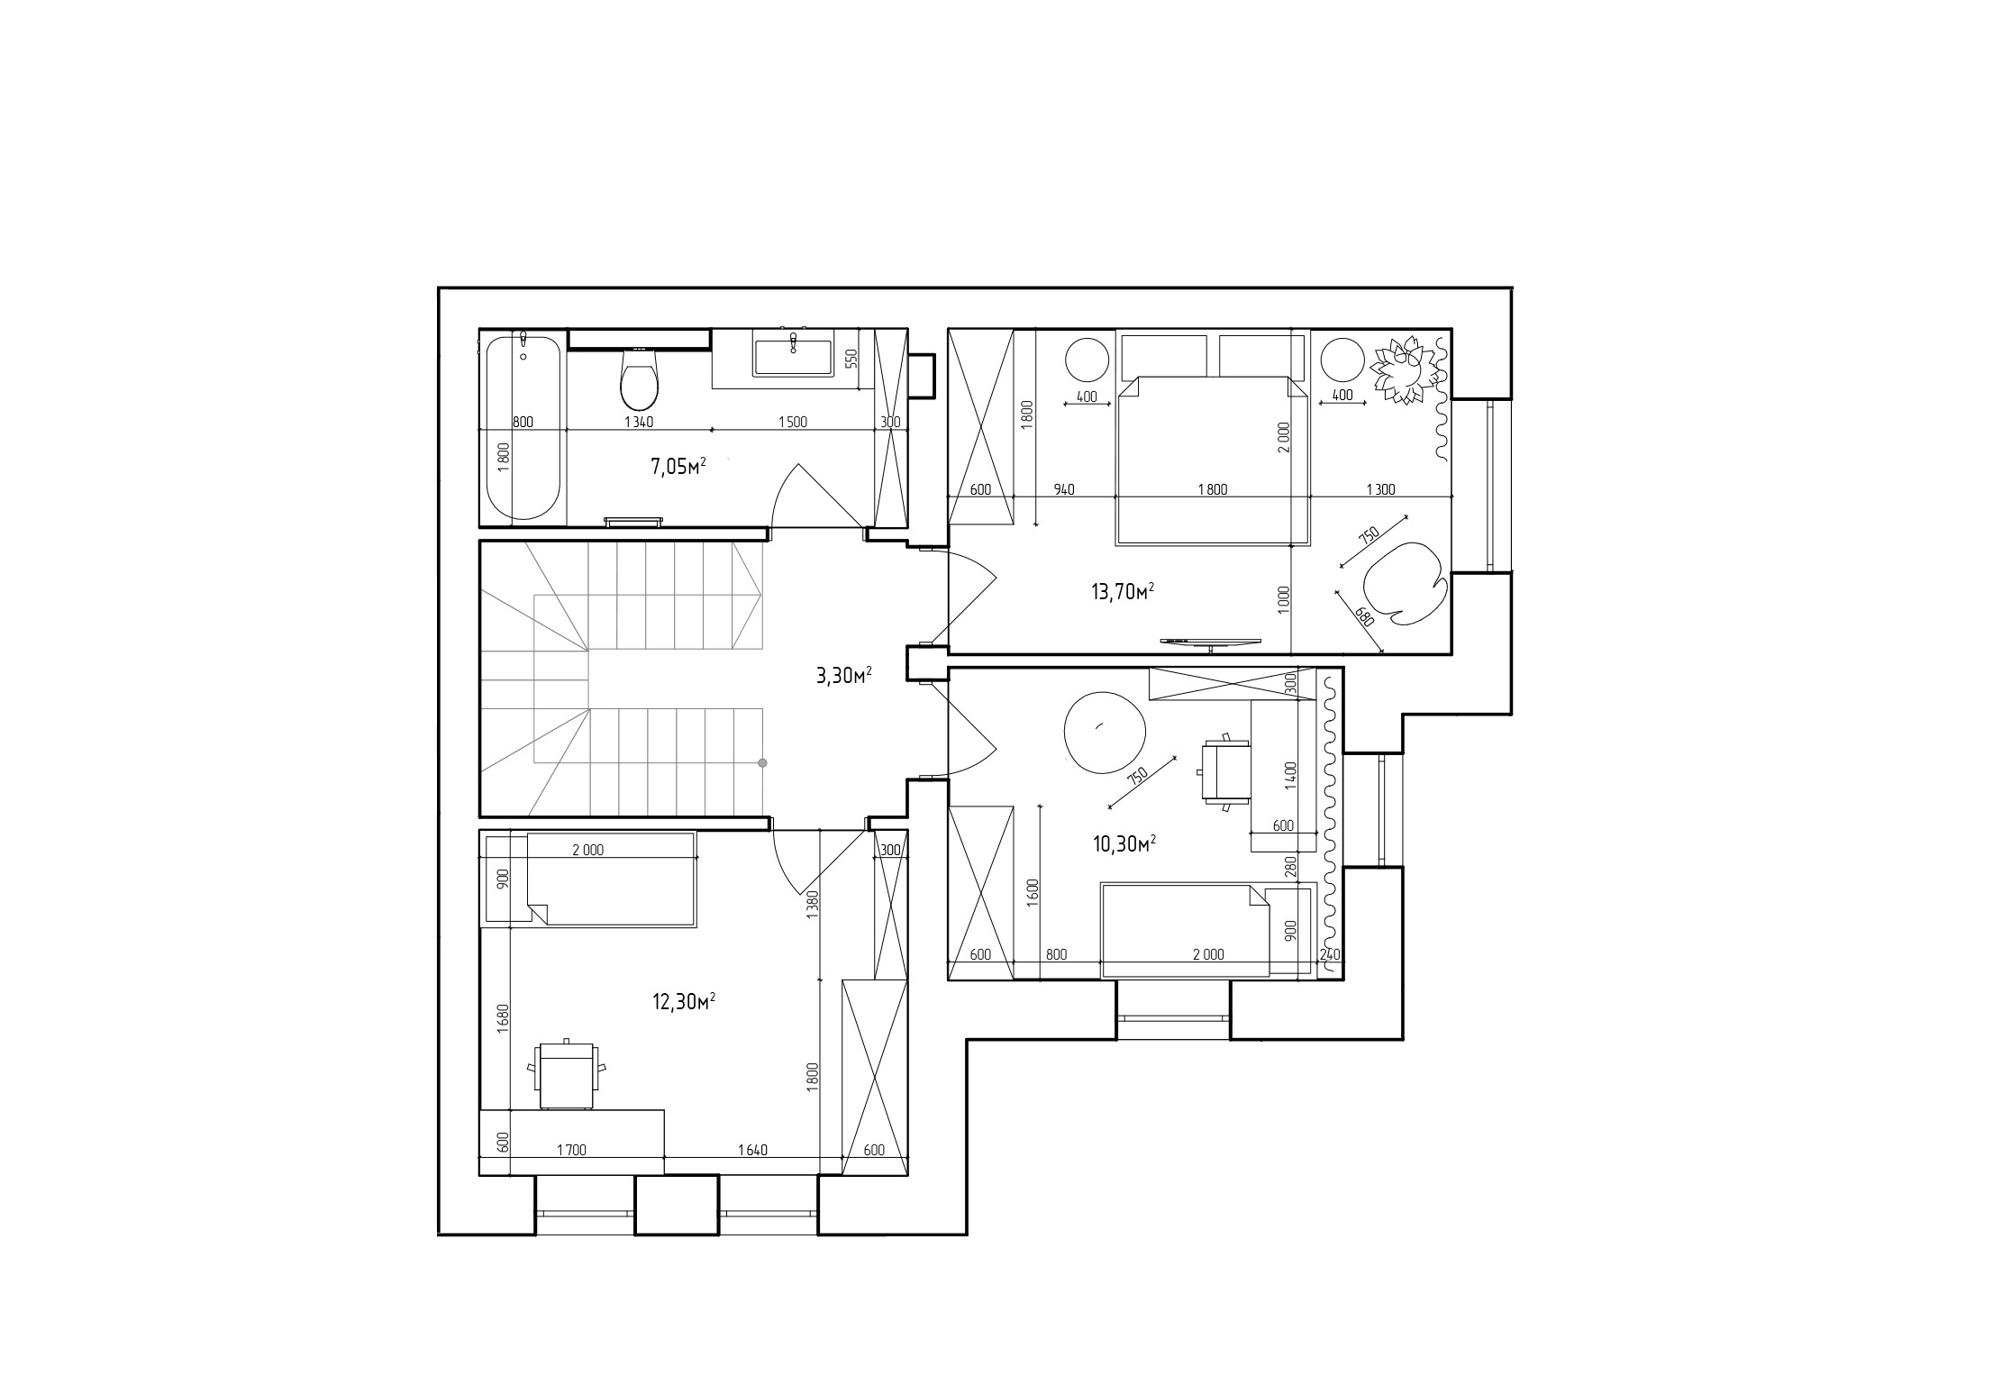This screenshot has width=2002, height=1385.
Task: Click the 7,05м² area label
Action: (x=678, y=466)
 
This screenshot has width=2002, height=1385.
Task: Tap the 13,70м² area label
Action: (x=1123, y=592)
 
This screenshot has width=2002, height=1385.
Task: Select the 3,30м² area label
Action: (x=843, y=676)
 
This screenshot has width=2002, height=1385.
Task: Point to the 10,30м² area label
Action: (x=1124, y=844)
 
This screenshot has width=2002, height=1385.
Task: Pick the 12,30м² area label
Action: (x=684, y=1001)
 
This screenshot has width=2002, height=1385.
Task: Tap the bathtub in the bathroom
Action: (x=523, y=427)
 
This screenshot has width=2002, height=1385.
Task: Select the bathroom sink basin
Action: (x=793, y=356)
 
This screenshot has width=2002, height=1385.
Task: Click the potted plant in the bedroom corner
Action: (x=1404, y=369)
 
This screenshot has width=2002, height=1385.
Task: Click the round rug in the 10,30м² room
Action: (x=1105, y=732)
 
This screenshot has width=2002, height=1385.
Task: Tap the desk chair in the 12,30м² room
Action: (x=567, y=1073)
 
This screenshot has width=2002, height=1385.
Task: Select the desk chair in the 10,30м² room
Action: (x=1224, y=770)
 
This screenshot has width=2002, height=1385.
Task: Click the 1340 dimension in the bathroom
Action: (x=638, y=422)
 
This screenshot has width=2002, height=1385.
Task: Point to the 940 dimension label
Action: (x=1064, y=490)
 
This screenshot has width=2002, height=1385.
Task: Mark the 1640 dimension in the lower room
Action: (x=752, y=1150)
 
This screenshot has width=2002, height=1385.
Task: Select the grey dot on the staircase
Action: (x=762, y=763)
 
